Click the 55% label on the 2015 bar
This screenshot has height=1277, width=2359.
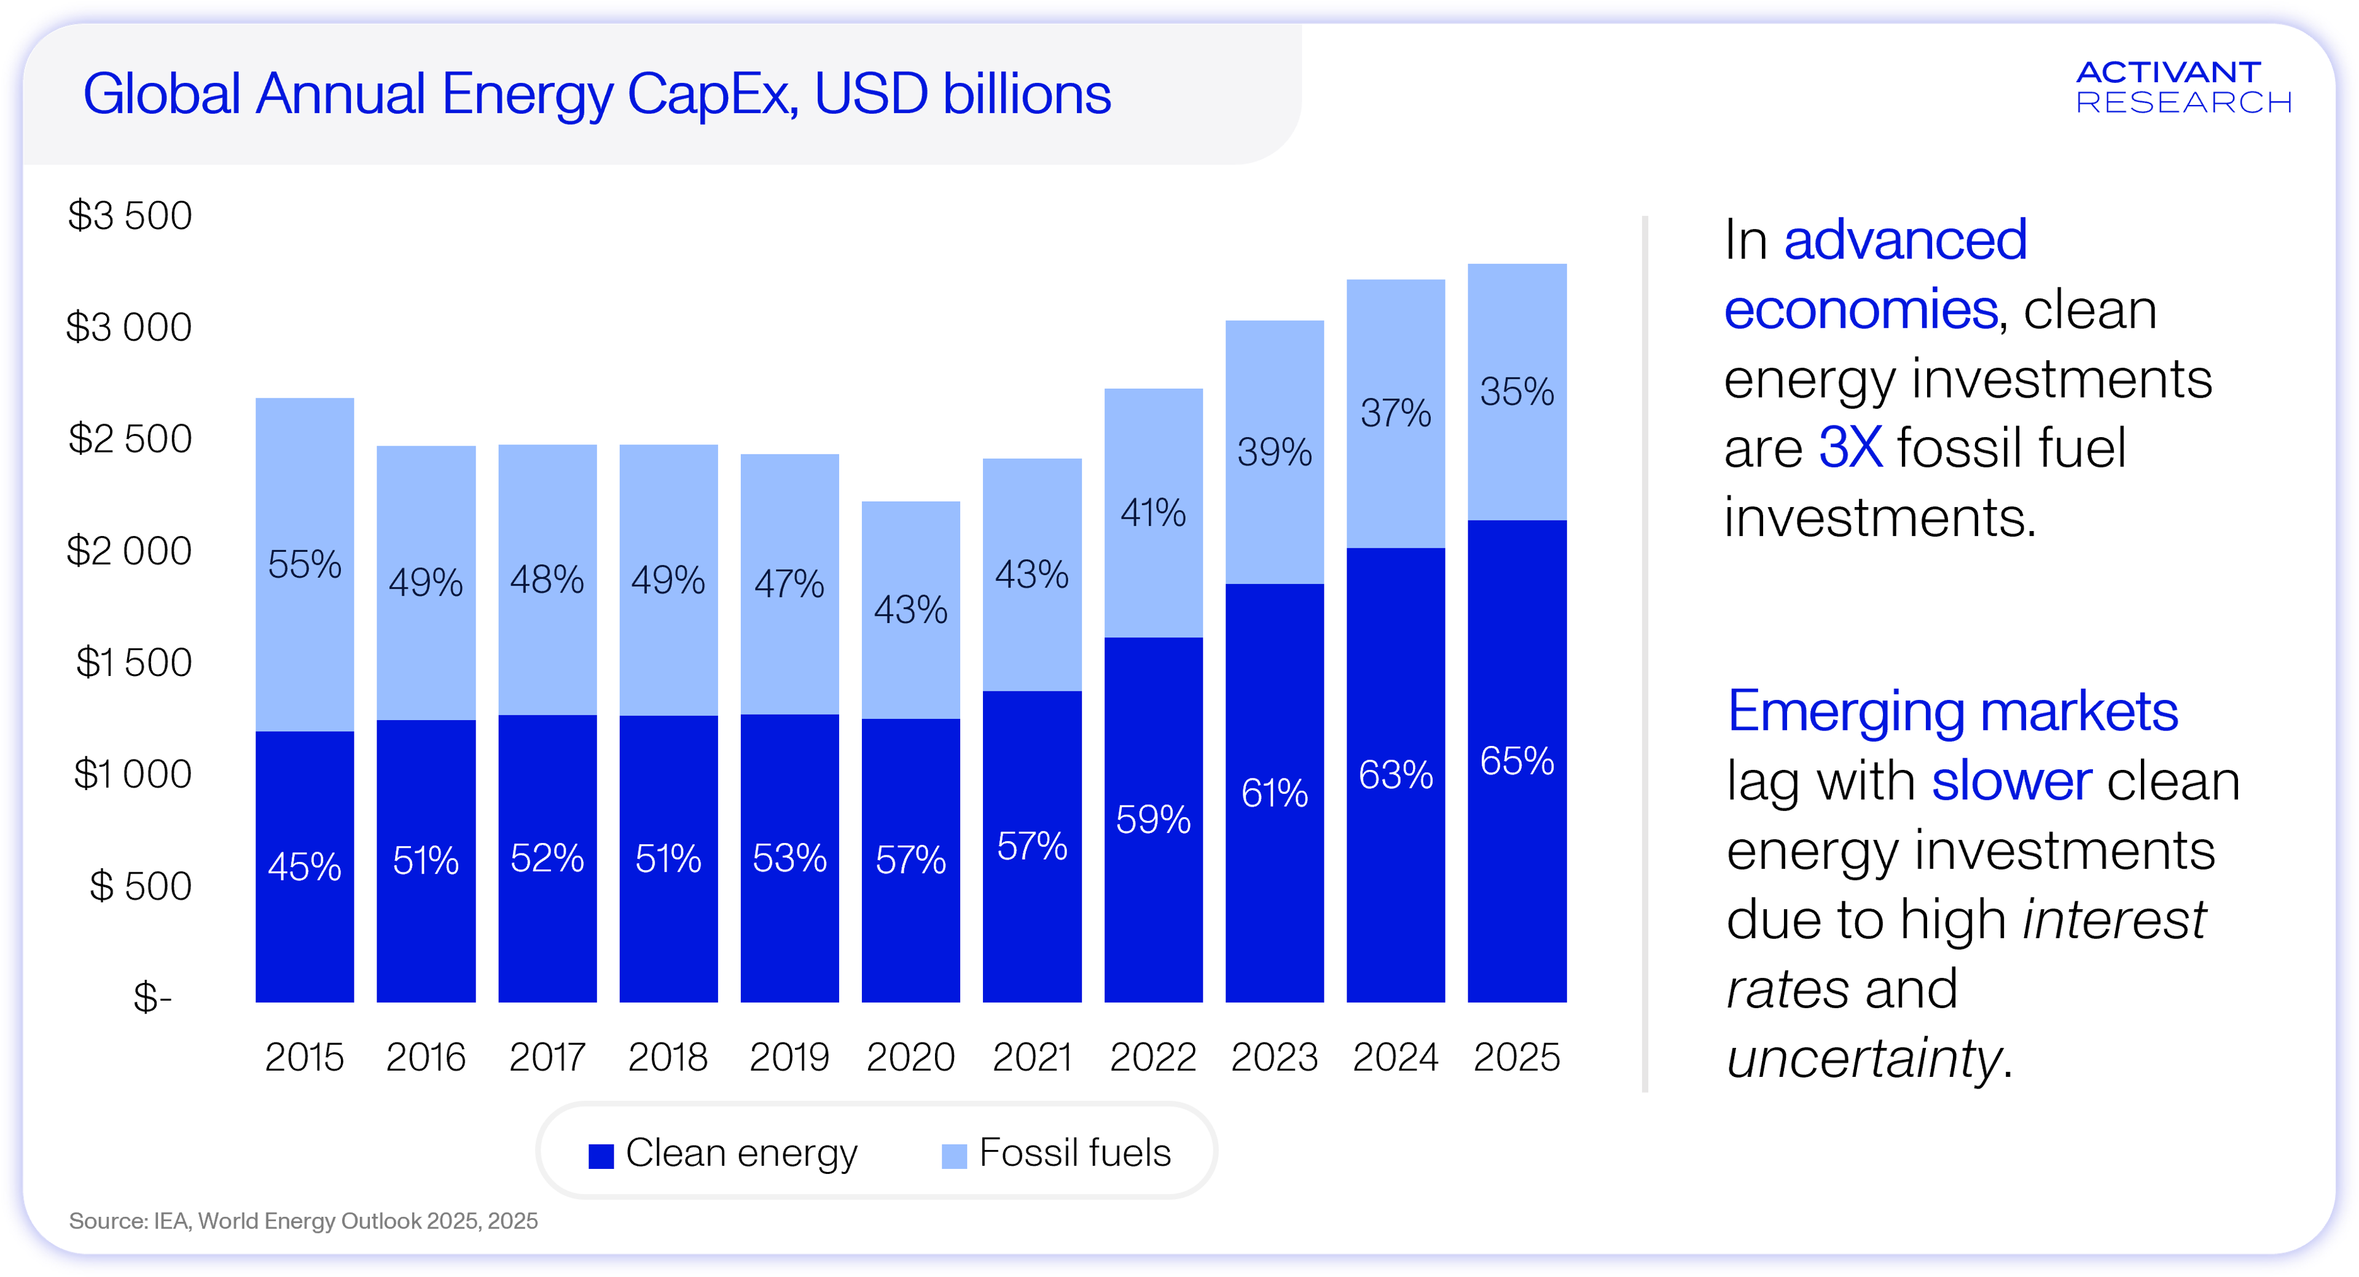click(x=304, y=565)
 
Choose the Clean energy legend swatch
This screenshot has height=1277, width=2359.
click(x=601, y=1156)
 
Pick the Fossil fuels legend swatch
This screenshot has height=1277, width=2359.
click(x=954, y=1156)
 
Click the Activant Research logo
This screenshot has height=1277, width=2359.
click(x=2183, y=88)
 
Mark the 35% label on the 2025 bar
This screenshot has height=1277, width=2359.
click(x=1517, y=392)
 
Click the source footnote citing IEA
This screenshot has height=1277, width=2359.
click(x=303, y=1221)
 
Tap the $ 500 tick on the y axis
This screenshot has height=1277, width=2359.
click(x=140, y=886)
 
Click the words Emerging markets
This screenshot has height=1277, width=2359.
click(x=1952, y=712)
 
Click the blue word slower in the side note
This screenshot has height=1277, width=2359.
click(x=2011, y=781)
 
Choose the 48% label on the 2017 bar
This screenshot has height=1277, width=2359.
click(x=547, y=580)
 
